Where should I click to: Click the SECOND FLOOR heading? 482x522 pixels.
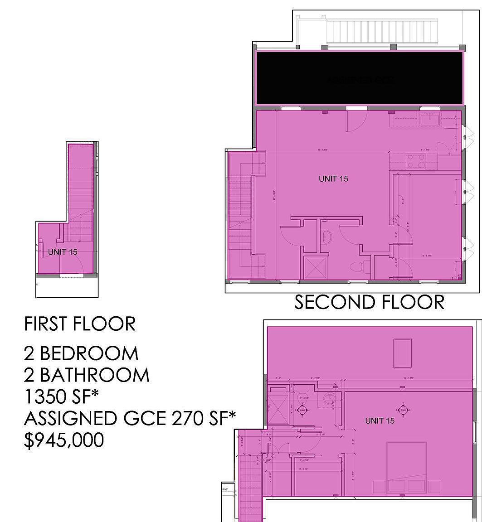[x=369, y=302]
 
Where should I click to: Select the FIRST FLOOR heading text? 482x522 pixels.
[x=80, y=324]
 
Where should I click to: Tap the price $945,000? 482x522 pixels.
[x=64, y=440]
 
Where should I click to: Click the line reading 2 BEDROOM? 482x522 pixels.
[x=81, y=353]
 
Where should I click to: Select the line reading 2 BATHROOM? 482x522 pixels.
[x=87, y=375]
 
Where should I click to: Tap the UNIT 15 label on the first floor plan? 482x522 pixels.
[x=63, y=252]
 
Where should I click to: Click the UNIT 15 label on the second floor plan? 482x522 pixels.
[x=333, y=179]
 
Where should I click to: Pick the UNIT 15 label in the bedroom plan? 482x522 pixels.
[x=380, y=421]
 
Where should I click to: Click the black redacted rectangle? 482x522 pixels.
[x=360, y=78]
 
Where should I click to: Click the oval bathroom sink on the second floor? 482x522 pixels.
[x=327, y=237]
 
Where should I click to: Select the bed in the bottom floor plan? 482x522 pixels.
[x=406, y=467]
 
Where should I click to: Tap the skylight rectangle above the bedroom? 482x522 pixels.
[x=402, y=353]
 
